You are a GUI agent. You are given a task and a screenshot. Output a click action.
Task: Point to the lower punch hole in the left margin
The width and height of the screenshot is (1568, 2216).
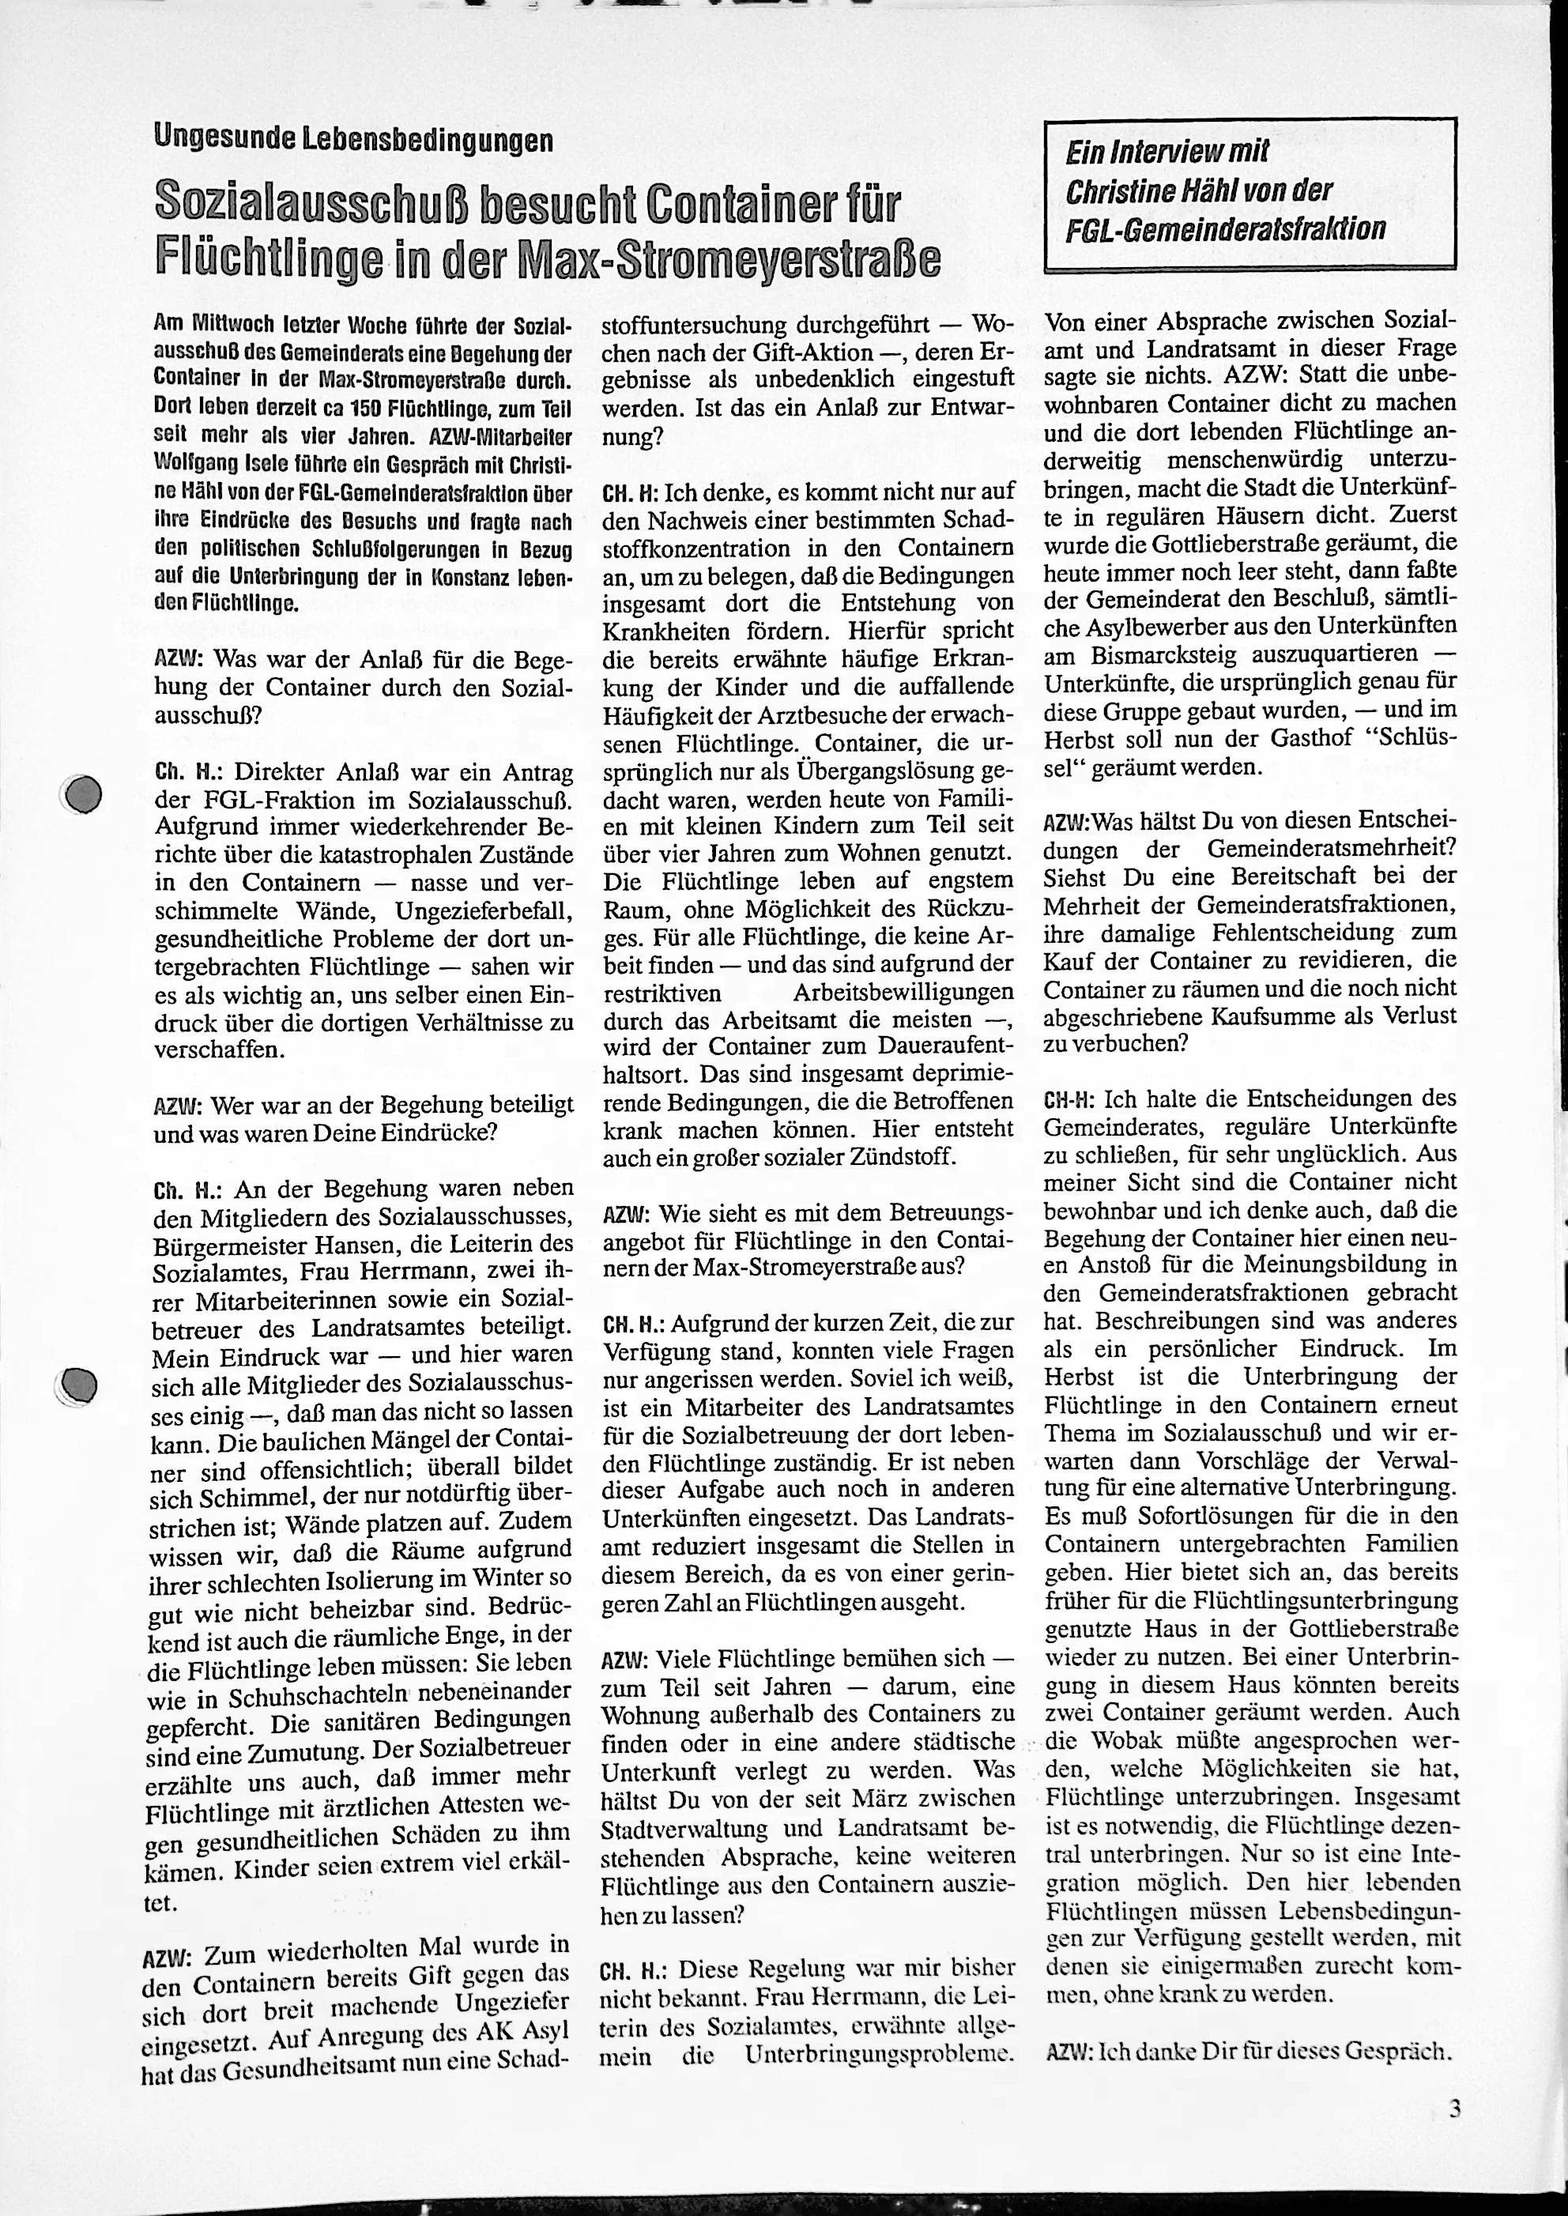click(x=77, y=1385)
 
